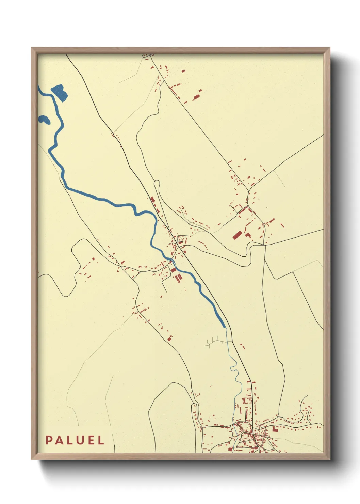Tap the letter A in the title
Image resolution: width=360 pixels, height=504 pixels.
(60, 440)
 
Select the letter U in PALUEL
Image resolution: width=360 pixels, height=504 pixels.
(80, 440)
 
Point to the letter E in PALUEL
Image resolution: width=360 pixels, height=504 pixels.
(91, 440)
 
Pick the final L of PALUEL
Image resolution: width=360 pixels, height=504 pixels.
(101, 440)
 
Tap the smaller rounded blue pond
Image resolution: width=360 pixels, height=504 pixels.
(44, 119)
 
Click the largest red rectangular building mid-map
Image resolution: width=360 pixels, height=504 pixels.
(237, 235)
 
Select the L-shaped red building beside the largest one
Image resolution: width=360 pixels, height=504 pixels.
(248, 235)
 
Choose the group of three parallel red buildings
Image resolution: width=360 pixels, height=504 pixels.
(178, 278)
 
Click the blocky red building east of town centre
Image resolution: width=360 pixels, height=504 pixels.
(275, 428)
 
